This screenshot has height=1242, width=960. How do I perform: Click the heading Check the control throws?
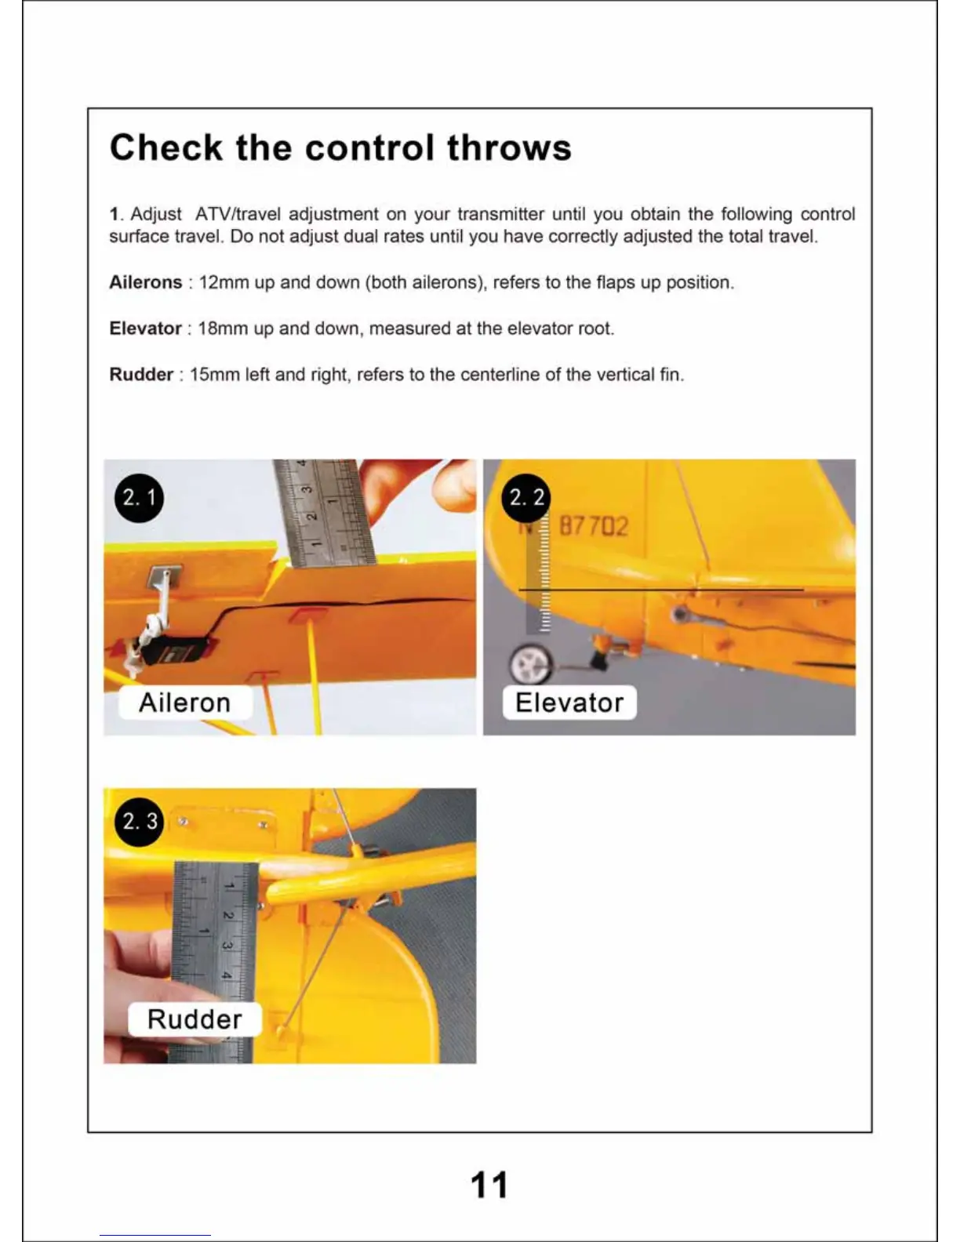point(340,148)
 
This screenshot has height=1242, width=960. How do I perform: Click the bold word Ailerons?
point(145,282)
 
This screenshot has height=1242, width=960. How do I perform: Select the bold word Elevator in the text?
point(145,329)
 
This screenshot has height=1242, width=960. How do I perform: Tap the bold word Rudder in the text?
point(141,375)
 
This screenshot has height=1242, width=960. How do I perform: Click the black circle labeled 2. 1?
point(139,498)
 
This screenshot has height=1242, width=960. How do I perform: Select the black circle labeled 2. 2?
point(526,498)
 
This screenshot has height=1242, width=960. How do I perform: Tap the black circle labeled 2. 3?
point(139,822)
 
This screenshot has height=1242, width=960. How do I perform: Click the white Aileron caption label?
point(184,703)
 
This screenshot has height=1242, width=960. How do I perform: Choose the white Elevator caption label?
point(569,703)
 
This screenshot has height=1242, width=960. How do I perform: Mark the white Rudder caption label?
point(195,1019)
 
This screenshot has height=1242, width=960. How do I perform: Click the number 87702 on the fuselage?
point(593,526)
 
